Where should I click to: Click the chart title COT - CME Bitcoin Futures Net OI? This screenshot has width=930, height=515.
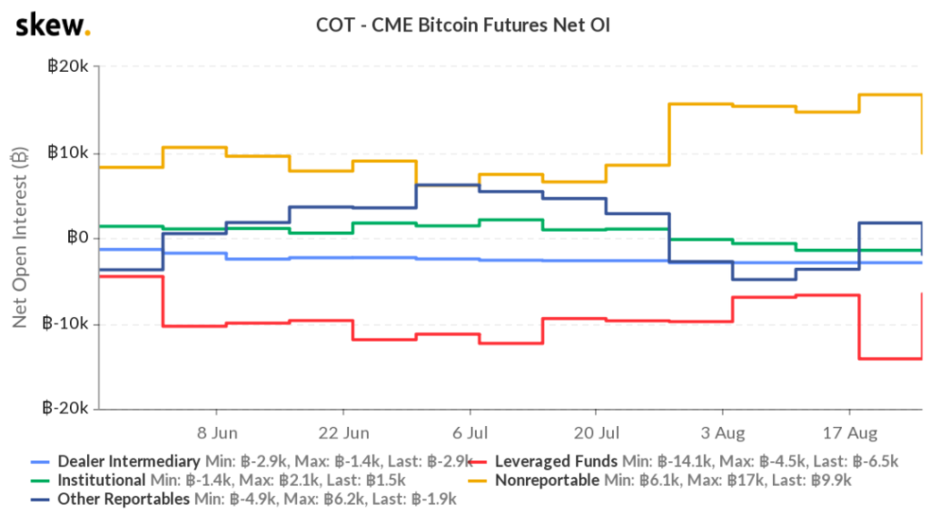(464, 25)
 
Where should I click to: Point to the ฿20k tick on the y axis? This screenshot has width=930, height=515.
(69, 67)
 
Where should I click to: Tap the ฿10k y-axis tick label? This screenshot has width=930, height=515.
(69, 153)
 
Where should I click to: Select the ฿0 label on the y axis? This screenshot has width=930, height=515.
(77, 238)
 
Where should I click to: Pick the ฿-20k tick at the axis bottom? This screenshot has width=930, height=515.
(67, 410)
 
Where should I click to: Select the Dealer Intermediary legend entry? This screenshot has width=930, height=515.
(128, 461)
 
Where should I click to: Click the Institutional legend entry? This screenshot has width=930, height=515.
(101, 480)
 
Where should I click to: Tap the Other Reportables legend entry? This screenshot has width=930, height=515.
(123, 499)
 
